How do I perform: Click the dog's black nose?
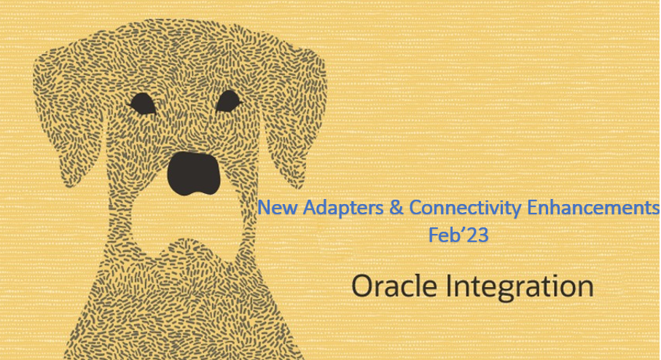tap(194, 173)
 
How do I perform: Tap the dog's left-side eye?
tap(142, 104)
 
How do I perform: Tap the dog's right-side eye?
tap(228, 101)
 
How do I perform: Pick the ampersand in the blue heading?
tap(396, 208)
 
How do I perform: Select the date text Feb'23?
tap(458, 235)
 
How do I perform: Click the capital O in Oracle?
tap(364, 286)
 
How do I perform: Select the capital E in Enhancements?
tap(532, 208)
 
